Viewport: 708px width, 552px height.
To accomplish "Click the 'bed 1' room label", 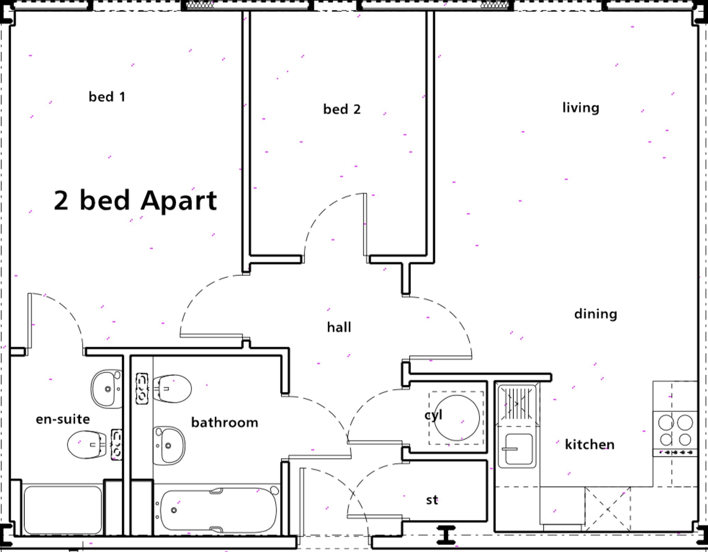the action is click(x=107, y=97).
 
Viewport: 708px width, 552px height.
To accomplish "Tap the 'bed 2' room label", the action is click(x=342, y=109).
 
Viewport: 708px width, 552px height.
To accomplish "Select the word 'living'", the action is click(x=581, y=108).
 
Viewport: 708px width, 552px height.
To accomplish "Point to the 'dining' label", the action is click(x=596, y=314).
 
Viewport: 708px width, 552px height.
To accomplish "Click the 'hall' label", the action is click(x=339, y=327).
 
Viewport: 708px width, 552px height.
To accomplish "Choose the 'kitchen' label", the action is click(x=590, y=444).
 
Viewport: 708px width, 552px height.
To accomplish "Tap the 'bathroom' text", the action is click(x=225, y=422).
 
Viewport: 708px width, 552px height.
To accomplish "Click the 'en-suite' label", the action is click(x=63, y=419).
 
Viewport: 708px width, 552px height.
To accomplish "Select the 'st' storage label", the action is click(x=432, y=500).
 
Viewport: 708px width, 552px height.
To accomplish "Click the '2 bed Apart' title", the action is click(x=135, y=200).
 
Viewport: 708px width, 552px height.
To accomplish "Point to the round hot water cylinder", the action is click(x=457, y=418).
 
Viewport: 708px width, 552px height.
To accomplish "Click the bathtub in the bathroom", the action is click(x=218, y=510).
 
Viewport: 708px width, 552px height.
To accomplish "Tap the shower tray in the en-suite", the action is click(x=63, y=510).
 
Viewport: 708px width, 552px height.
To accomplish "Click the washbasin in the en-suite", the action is click(x=107, y=389).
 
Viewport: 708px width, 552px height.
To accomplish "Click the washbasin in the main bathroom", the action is click(x=169, y=446).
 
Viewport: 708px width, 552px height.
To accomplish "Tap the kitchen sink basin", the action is click(x=519, y=449).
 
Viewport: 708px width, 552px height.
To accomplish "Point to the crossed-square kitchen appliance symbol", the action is click(x=608, y=509).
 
